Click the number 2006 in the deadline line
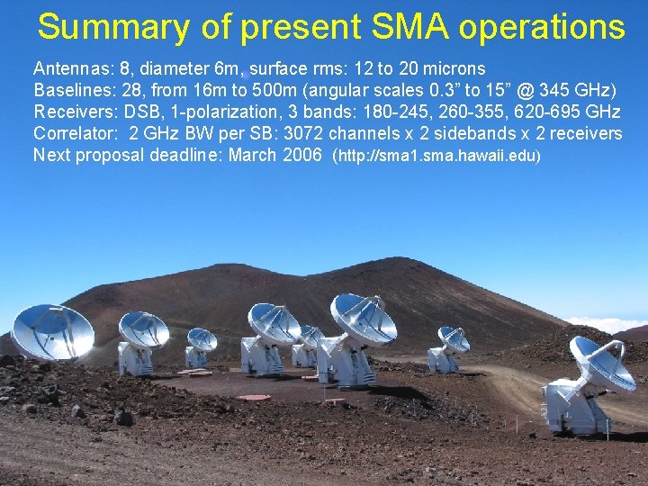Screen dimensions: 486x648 [303, 155]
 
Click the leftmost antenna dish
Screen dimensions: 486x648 [51, 331]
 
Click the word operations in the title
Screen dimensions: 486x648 [541, 27]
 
